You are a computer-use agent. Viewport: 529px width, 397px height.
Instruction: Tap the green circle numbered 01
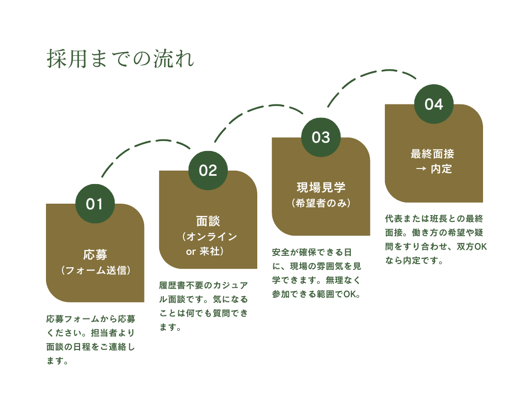point(95,204)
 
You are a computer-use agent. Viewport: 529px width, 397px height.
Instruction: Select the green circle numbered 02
point(208,171)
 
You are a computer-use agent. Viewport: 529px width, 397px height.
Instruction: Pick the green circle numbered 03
point(321,138)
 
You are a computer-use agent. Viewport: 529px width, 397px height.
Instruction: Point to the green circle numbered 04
point(433,104)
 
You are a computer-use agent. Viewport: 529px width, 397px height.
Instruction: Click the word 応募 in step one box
point(95,254)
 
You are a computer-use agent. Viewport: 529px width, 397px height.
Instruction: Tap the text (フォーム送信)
point(95,270)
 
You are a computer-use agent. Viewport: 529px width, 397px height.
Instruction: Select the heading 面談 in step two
point(208,221)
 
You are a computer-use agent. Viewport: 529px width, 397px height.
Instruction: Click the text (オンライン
point(209,237)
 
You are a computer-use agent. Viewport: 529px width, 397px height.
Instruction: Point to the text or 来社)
point(205,252)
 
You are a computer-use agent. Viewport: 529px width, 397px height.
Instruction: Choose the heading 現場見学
point(321,188)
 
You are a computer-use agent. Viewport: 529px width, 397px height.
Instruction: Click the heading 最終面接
point(433,154)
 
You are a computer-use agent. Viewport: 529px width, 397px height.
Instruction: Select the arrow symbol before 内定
point(421,170)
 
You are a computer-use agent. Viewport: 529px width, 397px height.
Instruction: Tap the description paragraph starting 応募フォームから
point(90,340)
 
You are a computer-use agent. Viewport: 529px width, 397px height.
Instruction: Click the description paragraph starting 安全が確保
point(317,273)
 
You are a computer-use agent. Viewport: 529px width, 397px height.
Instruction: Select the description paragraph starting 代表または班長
point(436,240)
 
